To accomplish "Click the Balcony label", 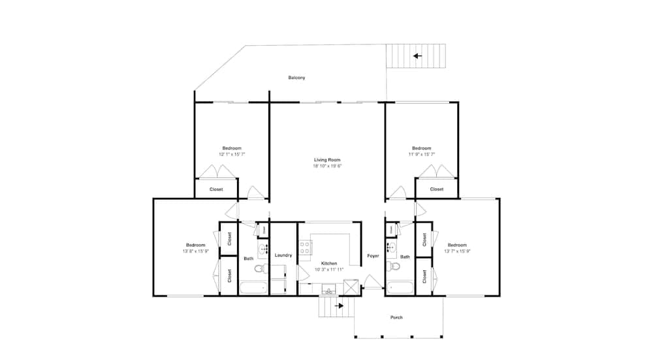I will coord(296,78).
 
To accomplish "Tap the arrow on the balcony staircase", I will coord(417,56).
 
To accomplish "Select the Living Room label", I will coord(326,159).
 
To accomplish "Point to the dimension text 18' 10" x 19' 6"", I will coord(326,166).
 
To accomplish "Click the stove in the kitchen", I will coord(304,248).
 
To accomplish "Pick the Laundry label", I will coord(283,255).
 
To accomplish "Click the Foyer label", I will coord(373,255).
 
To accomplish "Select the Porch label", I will coord(396,318).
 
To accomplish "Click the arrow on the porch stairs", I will coord(339,304).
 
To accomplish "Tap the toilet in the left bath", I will coord(259,269).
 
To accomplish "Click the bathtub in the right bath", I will coord(399,287).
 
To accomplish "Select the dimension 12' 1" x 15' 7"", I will coord(232,155).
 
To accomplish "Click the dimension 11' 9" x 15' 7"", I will coord(422,155).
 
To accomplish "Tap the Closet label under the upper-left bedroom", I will coord(215,189).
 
